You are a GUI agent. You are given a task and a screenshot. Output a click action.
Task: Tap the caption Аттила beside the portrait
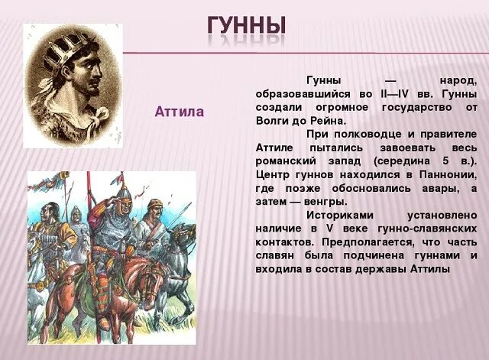click(x=180, y=112)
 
